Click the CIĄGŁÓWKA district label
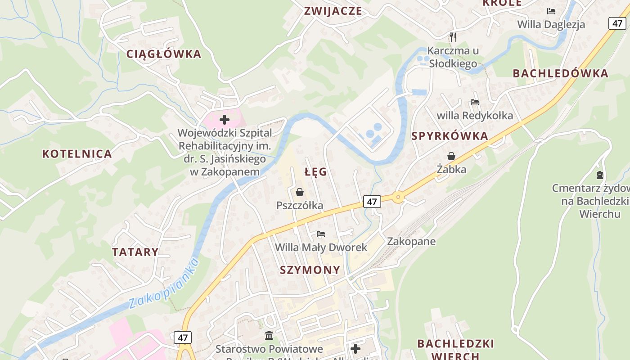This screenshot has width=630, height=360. [x=164, y=54]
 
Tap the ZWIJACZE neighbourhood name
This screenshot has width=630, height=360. [x=333, y=11]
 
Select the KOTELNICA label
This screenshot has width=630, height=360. [x=77, y=154]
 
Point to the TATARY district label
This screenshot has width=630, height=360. [x=135, y=252]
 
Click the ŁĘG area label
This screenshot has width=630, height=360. [x=315, y=172]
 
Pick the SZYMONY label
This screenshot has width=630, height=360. [x=310, y=270]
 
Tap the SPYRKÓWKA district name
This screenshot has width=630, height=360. [x=450, y=136]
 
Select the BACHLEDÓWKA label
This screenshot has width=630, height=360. [x=560, y=73]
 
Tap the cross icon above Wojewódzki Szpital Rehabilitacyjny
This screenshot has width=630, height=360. [x=225, y=120]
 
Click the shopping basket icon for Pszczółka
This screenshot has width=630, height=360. [x=300, y=193]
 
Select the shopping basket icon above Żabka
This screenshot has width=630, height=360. [x=451, y=156]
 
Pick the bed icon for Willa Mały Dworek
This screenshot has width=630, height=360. [x=321, y=234]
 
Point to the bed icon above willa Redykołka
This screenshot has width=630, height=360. [x=475, y=102]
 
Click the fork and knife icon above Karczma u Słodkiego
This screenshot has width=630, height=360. [x=453, y=37]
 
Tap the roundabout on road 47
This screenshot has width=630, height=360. [x=398, y=197]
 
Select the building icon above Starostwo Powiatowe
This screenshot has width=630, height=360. [x=269, y=335]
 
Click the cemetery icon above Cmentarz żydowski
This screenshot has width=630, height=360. [x=599, y=175]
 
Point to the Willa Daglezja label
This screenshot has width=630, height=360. [x=551, y=24]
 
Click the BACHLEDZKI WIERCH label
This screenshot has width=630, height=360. [x=455, y=349]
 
